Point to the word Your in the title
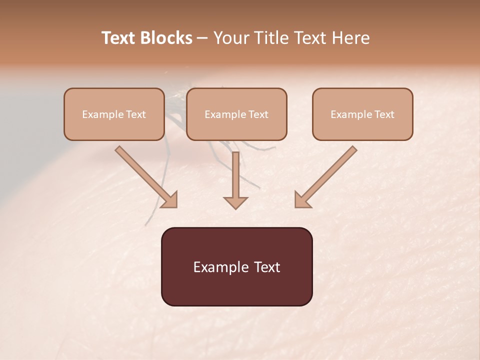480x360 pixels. (230, 38)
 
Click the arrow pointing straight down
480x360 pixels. (235, 180)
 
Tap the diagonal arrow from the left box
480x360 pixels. (145, 176)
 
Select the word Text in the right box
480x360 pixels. (384, 114)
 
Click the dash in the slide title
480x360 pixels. (203, 38)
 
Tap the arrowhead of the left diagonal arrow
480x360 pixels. (170, 200)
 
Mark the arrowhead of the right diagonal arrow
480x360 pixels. (302, 199)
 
